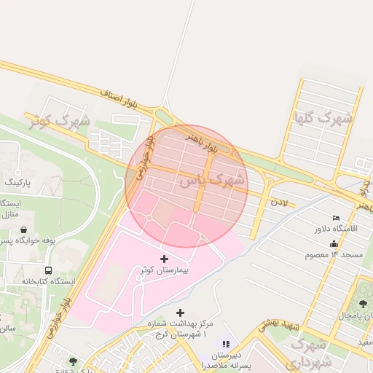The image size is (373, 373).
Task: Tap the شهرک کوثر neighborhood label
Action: point(60,121)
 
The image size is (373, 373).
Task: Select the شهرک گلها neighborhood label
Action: point(323,117)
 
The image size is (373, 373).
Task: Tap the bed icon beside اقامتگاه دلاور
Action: point(336,218)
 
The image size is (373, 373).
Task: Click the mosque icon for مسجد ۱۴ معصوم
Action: point(334,243)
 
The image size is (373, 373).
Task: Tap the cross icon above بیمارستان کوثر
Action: point(163,259)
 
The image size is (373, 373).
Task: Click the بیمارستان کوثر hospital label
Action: point(164,270)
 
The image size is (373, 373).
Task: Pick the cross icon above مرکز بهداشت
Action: point(181,313)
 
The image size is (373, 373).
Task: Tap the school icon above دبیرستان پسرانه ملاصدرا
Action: point(226,343)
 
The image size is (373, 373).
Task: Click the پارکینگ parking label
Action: point(20,180)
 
